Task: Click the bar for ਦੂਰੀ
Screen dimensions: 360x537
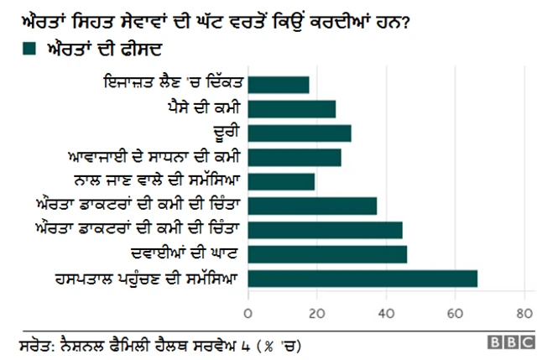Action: click(x=300, y=133)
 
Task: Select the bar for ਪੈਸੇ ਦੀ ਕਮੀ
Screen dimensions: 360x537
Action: click(x=292, y=108)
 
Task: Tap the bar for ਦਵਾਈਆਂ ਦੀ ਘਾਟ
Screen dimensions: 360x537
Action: click(x=327, y=254)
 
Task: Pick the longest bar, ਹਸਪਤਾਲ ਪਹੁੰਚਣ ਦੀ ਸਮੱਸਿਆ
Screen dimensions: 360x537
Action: click(x=362, y=279)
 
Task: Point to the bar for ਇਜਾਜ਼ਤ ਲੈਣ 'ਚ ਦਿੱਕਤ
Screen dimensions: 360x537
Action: click(x=279, y=84)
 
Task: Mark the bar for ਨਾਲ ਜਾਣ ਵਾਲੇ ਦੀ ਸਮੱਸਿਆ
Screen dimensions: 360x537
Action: click(x=281, y=181)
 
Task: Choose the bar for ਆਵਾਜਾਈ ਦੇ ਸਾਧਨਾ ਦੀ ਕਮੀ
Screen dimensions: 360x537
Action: click(x=295, y=157)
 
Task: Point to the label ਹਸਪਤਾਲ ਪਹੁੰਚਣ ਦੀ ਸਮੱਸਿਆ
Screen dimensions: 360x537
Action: click(x=152, y=279)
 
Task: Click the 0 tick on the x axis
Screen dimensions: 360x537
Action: click(x=248, y=313)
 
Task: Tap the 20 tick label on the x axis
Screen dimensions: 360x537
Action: click(x=317, y=313)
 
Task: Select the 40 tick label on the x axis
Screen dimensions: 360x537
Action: click(x=386, y=313)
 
